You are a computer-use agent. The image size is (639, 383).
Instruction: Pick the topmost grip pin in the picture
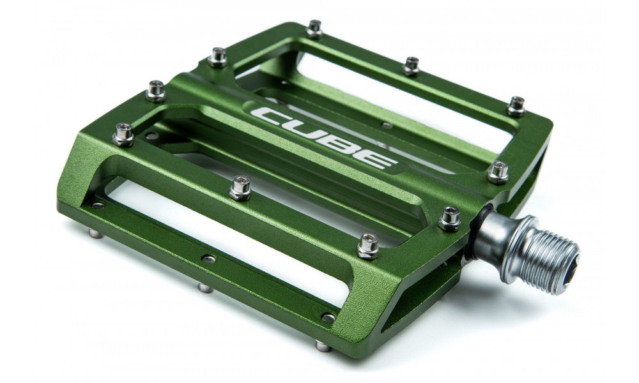click(x=314, y=28)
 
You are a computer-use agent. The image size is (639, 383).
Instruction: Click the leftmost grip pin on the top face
click(x=123, y=134)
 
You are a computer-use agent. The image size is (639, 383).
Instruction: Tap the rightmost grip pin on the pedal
click(x=516, y=106)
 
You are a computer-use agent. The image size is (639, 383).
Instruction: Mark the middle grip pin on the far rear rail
click(x=411, y=65)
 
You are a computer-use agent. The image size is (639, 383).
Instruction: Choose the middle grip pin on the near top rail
click(x=240, y=188)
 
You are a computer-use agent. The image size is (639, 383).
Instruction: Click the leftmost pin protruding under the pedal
click(x=95, y=233)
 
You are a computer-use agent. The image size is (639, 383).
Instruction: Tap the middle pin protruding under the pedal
click(x=205, y=287)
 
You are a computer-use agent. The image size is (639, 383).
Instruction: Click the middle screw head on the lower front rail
click(x=208, y=259)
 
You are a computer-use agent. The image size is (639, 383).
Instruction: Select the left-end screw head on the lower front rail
click(x=98, y=206)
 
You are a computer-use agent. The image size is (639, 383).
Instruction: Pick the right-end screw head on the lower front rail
click(x=328, y=317)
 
